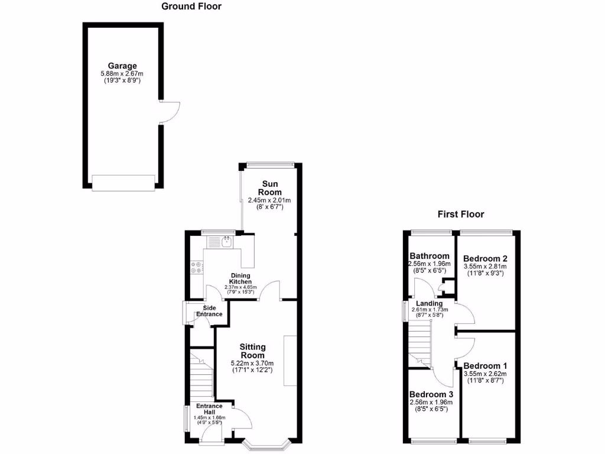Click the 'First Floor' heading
[460, 214]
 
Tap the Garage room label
[122, 66]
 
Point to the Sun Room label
[269, 188]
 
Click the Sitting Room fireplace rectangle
[290, 361]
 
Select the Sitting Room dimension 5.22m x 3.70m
[252, 363]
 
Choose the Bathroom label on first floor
[430, 256]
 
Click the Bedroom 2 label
[485, 258]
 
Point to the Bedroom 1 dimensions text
[485, 377]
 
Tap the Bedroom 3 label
[431, 394]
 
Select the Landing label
[430, 303]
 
